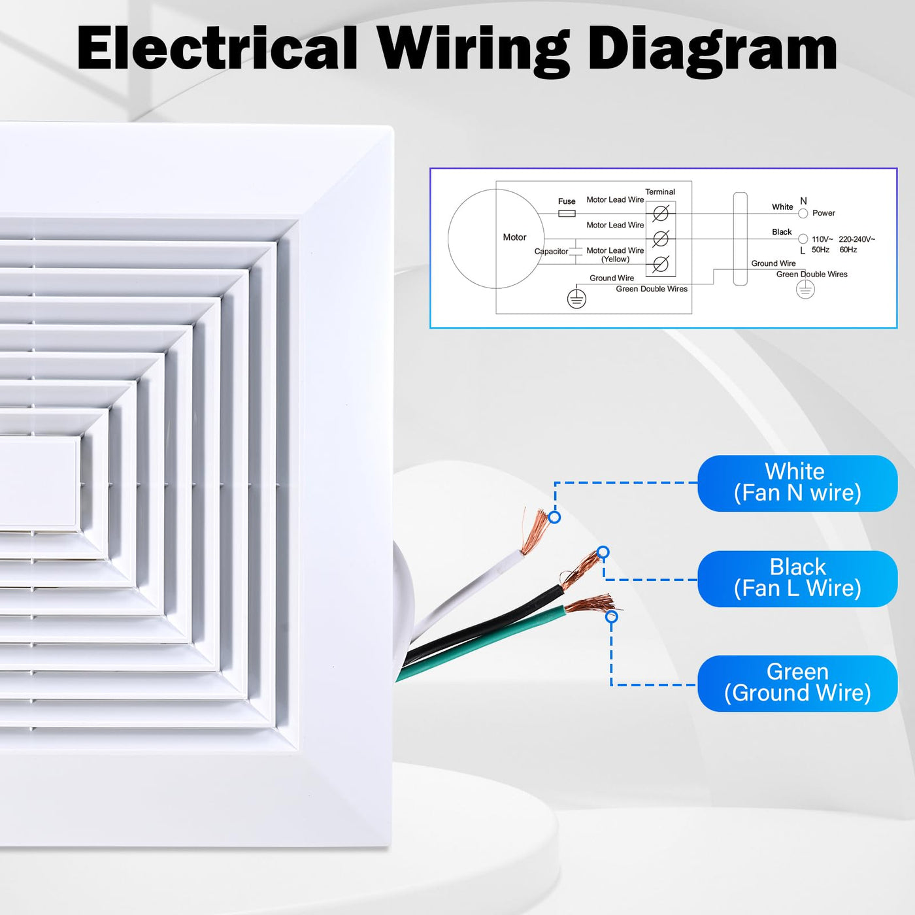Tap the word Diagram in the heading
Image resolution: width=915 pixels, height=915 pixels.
[x=712, y=51]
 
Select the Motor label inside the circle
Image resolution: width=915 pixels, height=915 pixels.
[x=514, y=237]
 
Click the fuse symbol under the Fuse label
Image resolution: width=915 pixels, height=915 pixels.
[x=567, y=214]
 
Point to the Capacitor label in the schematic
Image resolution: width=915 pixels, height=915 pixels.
[x=551, y=252]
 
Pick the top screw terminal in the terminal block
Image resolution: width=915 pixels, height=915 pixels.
[x=661, y=213]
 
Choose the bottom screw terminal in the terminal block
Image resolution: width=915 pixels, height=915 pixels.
[x=661, y=264]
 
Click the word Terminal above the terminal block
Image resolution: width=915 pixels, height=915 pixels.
[x=660, y=192]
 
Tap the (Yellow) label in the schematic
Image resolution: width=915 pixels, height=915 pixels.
[x=615, y=259]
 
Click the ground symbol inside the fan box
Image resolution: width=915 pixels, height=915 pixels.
[x=576, y=299]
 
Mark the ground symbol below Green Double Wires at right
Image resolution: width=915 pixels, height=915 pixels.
[x=805, y=290]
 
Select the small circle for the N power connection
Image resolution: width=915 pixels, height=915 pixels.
[x=803, y=214]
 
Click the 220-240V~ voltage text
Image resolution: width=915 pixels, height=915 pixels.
[x=856, y=239]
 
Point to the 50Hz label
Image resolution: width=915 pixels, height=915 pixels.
[x=820, y=250]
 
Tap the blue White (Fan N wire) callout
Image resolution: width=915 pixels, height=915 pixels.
[x=797, y=483]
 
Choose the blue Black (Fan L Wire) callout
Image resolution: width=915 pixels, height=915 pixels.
[x=797, y=578]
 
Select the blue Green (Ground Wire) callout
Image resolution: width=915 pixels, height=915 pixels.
[x=797, y=683]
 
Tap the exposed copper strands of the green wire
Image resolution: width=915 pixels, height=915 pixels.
[x=590, y=604]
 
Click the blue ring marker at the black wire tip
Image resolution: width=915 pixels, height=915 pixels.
[x=603, y=552]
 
